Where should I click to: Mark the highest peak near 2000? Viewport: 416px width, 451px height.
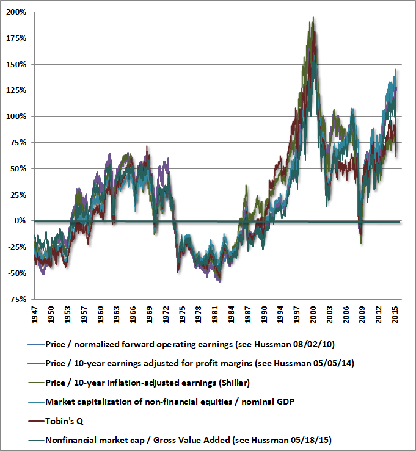(313, 18)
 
